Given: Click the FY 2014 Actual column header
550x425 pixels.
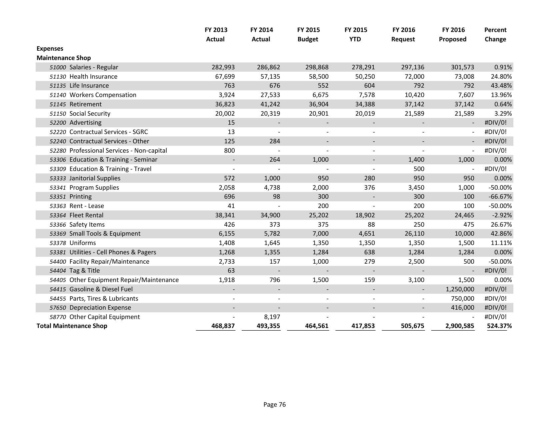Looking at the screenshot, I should click(261, 34).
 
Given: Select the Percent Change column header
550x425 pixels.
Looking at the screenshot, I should click(495, 34).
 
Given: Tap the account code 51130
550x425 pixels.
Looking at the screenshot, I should click(58, 77).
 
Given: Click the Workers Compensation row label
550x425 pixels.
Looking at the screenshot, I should click(103, 95).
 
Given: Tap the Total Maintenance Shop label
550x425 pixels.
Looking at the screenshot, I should click(72, 326).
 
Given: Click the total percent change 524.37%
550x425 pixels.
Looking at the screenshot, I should click(499, 326).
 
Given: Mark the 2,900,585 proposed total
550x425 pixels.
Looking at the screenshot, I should click(460, 326).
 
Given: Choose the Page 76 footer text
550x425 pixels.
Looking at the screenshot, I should click(274, 405).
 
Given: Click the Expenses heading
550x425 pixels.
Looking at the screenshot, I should click(50, 49).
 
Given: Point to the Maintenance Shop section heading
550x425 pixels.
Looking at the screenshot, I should click(63, 58).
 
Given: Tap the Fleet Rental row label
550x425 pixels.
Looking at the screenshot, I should click(86, 215).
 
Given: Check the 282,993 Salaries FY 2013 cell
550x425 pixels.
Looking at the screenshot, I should click(223, 67).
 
